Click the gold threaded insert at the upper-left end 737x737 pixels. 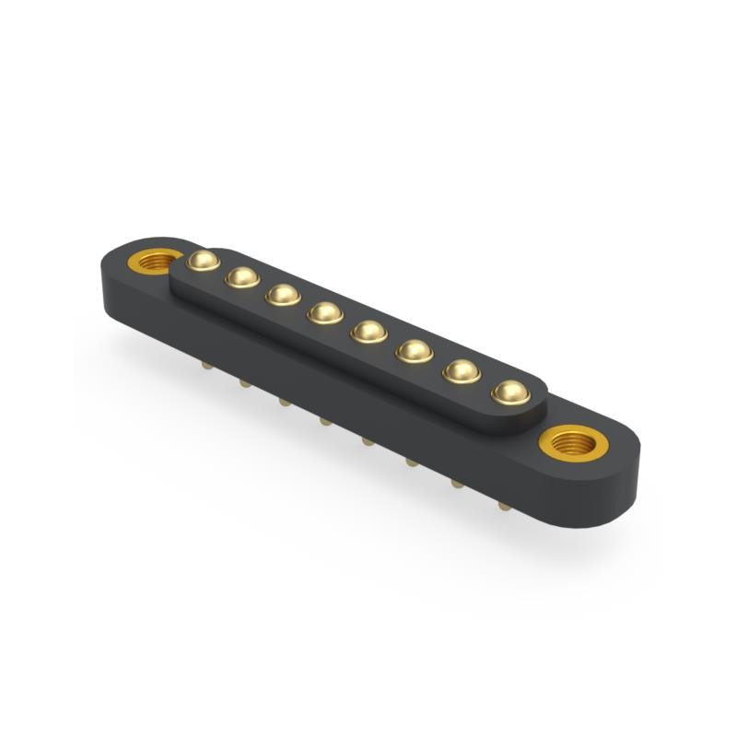(153, 260)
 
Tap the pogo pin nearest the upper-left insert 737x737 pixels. (203, 261)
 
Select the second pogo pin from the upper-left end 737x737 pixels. (242, 276)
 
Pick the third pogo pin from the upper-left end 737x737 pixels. (283, 295)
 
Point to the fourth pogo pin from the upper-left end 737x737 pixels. (325, 313)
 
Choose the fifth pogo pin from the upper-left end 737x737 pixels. (368, 332)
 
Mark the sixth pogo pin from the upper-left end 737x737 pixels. (414, 351)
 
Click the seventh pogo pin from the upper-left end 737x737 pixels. (461, 371)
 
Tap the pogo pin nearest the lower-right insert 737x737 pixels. (509, 392)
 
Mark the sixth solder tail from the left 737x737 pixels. (411, 461)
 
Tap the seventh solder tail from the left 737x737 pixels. (456, 482)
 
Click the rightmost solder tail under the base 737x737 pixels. (503, 505)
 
